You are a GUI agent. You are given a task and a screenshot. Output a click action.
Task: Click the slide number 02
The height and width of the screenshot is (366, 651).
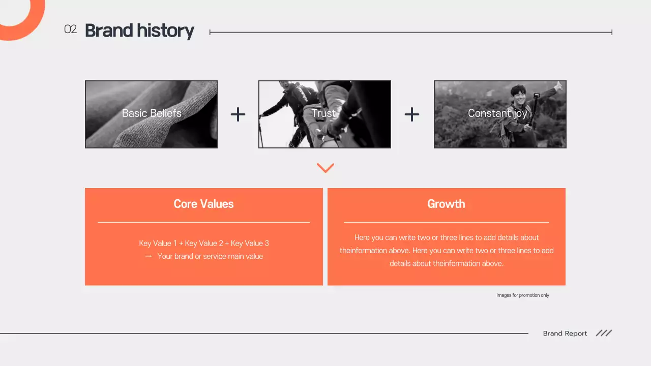(x=70, y=29)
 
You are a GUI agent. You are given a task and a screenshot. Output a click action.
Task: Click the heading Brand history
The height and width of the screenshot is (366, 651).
(x=139, y=30)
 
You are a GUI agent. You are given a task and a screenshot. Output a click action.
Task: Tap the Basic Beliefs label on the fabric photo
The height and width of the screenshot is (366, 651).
(x=152, y=113)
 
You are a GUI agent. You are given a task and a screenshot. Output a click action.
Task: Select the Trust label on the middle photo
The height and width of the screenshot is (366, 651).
(x=323, y=113)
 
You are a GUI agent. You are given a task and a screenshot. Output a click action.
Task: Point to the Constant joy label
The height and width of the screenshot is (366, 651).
(x=497, y=113)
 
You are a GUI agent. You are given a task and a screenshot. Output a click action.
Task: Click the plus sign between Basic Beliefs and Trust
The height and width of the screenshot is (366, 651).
(x=238, y=114)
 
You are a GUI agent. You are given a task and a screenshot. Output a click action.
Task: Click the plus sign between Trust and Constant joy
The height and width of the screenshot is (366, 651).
(x=412, y=114)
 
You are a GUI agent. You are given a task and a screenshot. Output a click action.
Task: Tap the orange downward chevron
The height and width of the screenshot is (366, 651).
(x=325, y=168)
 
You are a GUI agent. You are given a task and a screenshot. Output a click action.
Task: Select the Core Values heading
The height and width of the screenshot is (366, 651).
(x=203, y=204)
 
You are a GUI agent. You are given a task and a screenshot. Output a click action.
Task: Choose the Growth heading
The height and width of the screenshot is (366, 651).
(x=446, y=204)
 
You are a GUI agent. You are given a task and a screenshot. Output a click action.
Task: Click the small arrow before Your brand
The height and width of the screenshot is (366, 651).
(x=149, y=256)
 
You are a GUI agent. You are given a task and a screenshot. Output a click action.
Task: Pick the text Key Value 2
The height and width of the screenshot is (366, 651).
(x=204, y=243)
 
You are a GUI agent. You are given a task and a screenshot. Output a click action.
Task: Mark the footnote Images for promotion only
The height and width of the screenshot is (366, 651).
(x=523, y=295)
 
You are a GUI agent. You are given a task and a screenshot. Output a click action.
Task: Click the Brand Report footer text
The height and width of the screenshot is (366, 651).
(x=565, y=333)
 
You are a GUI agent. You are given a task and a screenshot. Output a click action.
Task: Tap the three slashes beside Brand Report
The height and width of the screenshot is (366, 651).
(x=604, y=333)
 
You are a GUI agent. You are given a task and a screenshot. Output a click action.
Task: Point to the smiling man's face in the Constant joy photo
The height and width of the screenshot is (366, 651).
(x=519, y=95)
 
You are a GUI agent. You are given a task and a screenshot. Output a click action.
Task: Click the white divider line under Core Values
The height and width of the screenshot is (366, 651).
(x=203, y=222)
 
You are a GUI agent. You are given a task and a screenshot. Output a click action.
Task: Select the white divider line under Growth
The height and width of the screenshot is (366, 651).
(x=446, y=222)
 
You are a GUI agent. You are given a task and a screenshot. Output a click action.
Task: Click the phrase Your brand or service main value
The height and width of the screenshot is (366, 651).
(x=210, y=256)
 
